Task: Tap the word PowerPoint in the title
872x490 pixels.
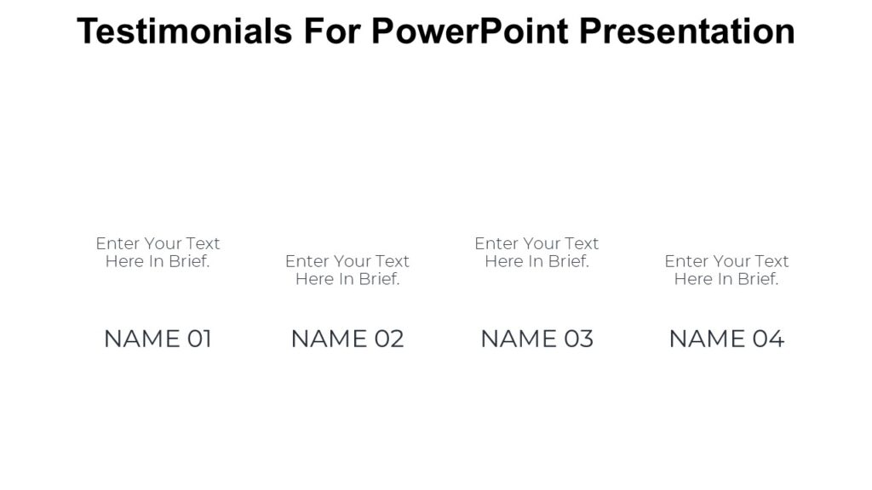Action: tap(471, 32)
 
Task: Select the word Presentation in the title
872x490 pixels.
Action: tap(687, 32)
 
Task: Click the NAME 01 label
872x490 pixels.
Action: tap(158, 339)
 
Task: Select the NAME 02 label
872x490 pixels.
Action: tap(347, 339)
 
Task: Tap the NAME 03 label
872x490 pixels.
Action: tap(536, 339)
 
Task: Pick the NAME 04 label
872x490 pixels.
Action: tap(726, 339)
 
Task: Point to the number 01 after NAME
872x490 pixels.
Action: tap(199, 339)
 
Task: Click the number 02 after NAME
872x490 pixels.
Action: tap(388, 339)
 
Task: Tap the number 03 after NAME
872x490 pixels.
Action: tap(578, 339)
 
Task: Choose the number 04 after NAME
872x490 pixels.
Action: tap(768, 339)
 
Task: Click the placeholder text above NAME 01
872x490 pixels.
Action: tap(158, 253)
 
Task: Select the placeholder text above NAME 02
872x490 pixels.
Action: tap(347, 271)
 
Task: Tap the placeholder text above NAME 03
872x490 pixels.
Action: tap(536, 253)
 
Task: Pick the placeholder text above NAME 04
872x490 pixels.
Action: tap(726, 271)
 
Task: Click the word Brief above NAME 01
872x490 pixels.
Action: tap(189, 262)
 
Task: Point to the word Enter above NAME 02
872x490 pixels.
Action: tap(307, 261)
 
